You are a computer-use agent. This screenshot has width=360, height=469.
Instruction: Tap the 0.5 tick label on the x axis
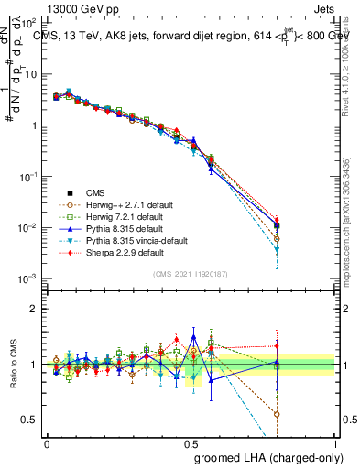(x=191, y=442)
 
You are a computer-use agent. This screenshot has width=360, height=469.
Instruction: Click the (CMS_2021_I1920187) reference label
(x=191, y=274)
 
